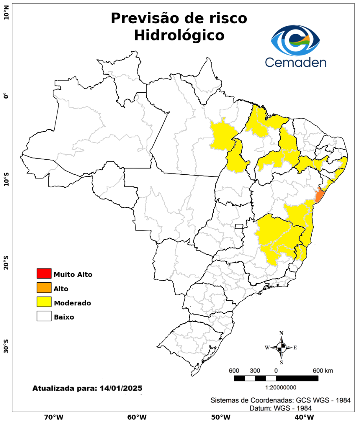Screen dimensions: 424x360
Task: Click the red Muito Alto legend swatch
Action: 44,273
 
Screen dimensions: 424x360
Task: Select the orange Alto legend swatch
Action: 44,288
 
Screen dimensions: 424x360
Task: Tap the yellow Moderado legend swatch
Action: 44,302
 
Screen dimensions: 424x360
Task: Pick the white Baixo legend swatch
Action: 44,316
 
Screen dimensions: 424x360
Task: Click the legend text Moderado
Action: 73,303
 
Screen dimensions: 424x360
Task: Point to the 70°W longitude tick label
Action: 53,417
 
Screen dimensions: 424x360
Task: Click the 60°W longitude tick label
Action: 137,417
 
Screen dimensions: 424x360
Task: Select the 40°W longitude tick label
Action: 303,417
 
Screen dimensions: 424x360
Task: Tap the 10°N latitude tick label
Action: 6,15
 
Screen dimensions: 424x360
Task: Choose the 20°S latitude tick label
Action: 6,262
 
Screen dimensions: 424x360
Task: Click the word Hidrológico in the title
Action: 179,35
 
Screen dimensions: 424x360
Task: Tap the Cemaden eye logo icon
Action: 296,40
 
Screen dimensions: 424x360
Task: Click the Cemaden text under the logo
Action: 295,62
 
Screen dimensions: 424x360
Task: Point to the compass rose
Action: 281,347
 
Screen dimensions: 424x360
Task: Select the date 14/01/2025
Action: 121,388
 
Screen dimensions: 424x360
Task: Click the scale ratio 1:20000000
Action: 281,387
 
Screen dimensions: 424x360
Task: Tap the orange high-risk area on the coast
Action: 320,195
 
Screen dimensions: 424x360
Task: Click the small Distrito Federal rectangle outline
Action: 239,226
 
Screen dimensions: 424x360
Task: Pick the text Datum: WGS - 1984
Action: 281,408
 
